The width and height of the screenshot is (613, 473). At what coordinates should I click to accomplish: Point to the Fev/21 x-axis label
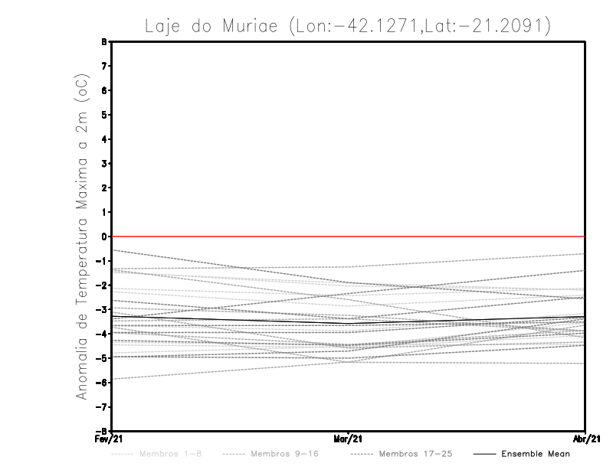point(111,438)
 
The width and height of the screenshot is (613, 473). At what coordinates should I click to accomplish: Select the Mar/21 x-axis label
point(348,438)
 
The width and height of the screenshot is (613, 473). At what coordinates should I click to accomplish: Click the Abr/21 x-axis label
point(585,438)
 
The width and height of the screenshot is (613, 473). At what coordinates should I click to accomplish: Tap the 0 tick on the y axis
point(104,236)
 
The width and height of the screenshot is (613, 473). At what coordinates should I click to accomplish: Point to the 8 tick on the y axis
point(104,42)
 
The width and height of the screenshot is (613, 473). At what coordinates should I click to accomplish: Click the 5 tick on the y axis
point(104,115)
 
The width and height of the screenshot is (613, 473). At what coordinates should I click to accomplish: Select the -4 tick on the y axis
point(103,334)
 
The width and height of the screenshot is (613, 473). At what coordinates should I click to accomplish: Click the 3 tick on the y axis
point(104,164)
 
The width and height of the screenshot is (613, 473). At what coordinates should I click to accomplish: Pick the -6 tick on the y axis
point(103,382)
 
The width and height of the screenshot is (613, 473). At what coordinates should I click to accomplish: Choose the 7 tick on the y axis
point(104,67)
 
